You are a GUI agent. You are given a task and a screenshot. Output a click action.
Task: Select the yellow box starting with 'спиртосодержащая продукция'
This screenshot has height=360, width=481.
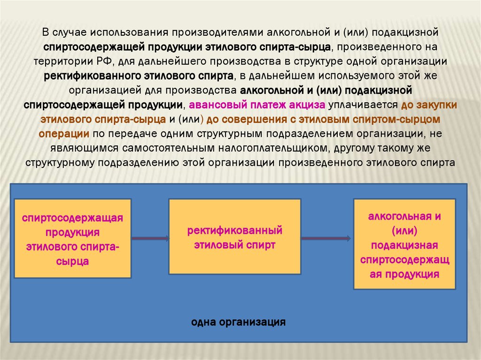pyautogui.click(x=72, y=238)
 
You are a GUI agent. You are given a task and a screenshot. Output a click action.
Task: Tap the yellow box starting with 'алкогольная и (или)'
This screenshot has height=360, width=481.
pyautogui.click(x=404, y=244)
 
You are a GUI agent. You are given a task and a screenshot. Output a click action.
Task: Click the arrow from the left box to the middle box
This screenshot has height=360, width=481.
pyautogui.click(x=150, y=238)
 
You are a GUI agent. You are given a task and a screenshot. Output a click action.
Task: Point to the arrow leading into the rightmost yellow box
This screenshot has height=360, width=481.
pyautogui.click(x=326, y=238)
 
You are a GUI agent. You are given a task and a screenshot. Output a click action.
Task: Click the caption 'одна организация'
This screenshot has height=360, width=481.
pyautogui.click(x=239, y=322)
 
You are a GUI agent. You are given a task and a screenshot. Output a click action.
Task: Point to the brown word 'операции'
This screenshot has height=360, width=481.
pyautogui.click(x=64, y=133)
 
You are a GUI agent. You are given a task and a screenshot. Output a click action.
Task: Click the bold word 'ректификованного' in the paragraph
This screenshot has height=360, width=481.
pyautogui.click(x=92, y=76)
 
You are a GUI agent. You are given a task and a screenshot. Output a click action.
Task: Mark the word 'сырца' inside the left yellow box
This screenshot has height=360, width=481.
pyautogui.click(x=73, y=261)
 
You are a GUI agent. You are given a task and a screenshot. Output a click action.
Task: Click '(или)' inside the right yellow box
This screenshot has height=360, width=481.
pyautogui.click(x=404, y=231)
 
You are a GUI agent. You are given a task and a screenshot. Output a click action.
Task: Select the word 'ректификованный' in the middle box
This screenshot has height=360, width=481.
pyautogui.click(x=234, y=230)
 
